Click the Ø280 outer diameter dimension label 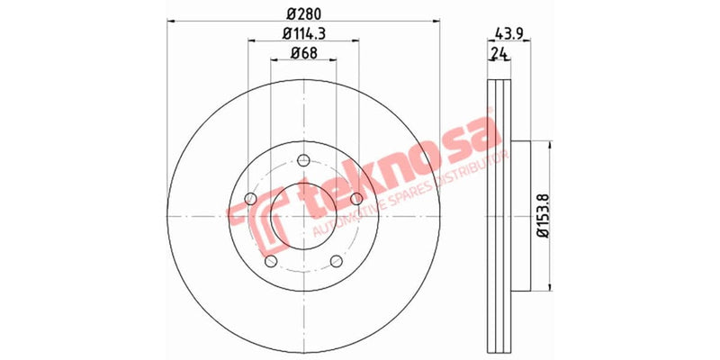pos(302,13)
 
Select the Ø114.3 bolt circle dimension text pos(302,34)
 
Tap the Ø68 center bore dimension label pos(302,55)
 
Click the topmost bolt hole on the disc pos(302,163)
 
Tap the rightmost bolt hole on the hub pos(356,198)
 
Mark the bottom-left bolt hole pos(270,260)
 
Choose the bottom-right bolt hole pos(336,260)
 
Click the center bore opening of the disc pos(302,216)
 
